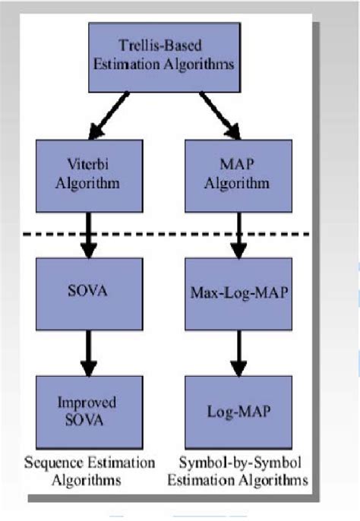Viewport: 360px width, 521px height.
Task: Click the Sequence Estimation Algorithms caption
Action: pos(90,471)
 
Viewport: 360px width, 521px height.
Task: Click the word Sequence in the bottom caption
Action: pos(52,463)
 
